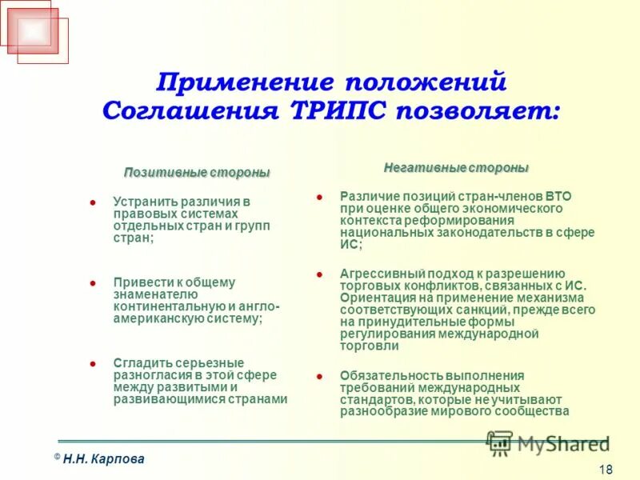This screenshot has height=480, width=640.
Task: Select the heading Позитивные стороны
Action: pos(197,173)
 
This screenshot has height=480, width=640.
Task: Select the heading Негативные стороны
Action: pos(456,168)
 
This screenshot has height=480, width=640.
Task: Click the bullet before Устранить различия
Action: pos(93,202)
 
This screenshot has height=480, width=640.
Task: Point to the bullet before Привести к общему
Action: pos(93,283)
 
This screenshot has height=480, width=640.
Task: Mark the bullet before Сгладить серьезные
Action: pos(93,363)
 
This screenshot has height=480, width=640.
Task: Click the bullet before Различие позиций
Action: pos(319,196)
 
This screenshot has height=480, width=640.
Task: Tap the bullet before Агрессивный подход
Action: pos(319,274)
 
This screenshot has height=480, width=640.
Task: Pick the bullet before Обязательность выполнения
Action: pos(319,375)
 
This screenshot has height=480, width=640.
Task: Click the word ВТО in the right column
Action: pos(558,196)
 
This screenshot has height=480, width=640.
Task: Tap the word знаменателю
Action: pos(150,294)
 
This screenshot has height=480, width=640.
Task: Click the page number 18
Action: pos(606,469)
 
